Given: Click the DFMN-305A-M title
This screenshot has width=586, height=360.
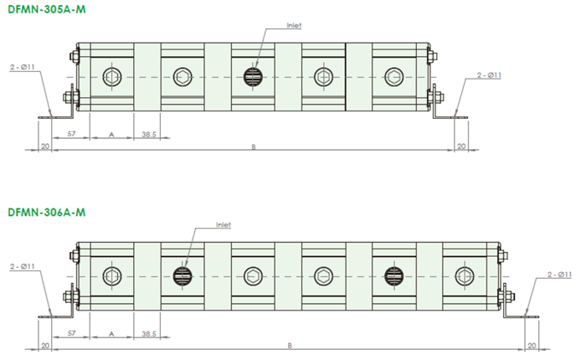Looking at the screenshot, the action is coord(47,9).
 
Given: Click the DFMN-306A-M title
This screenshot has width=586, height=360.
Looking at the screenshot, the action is coord(47,213).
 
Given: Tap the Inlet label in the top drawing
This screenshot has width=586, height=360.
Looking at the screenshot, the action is coord(294,25).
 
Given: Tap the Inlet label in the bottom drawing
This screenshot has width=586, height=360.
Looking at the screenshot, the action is coord(224,224).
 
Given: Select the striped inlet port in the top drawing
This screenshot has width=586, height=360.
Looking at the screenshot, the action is coord(253,77).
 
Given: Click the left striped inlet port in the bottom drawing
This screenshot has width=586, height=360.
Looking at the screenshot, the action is coord(182,276).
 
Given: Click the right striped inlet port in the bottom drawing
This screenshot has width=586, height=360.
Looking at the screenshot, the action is coord(394,276).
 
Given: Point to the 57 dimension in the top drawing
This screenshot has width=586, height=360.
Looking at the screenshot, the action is coord(71,133).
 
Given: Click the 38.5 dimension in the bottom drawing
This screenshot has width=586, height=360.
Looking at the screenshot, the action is coord(149,333).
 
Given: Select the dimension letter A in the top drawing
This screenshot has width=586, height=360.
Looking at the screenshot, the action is coord(111,135).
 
